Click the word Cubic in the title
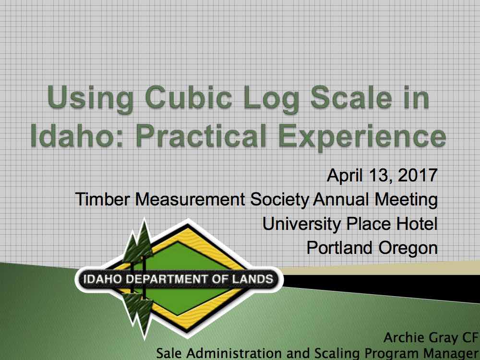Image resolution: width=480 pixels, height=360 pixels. pyautogui.click(x=188, y=97)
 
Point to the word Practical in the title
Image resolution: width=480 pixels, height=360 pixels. pyautogui.click(x=201, y=135)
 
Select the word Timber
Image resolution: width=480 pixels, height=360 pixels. pyautogui.click(x=102, y=199)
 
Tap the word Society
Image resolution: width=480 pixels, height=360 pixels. pyautogui.click(x=280, y=200)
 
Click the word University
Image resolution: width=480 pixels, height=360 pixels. pyautogui.click(x=301, y=224)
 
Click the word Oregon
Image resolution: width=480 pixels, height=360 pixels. pyautogui.click(x=408, y=248)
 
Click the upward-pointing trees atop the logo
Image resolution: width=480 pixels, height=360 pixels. pyautogui.click(x=139, y=242)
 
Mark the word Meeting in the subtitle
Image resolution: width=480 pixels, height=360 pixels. pyautogui.click(x=406, y=200)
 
